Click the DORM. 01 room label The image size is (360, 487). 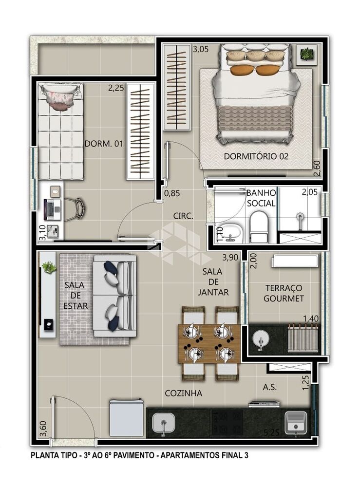104,144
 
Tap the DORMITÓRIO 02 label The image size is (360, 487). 256,156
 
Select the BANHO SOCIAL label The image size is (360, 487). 261,198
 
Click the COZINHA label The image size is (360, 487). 183,393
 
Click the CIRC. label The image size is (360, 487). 183,216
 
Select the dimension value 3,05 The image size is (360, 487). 201,49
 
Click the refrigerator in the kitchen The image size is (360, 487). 126,417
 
